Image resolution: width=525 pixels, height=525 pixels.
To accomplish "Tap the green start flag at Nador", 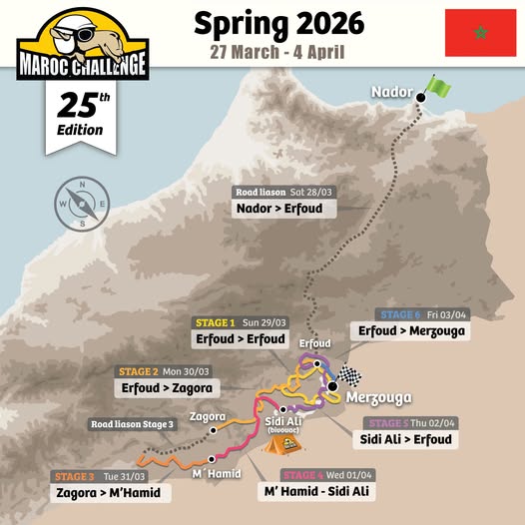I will tap(437, 87).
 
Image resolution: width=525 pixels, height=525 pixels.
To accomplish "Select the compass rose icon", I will tap(75, 203).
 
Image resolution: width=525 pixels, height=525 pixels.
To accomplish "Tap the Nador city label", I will tap(391, 92).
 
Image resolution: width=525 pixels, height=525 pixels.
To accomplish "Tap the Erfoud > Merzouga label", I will tap(411, 331).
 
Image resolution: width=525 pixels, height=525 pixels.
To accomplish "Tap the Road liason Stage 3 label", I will tap(131, 423).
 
